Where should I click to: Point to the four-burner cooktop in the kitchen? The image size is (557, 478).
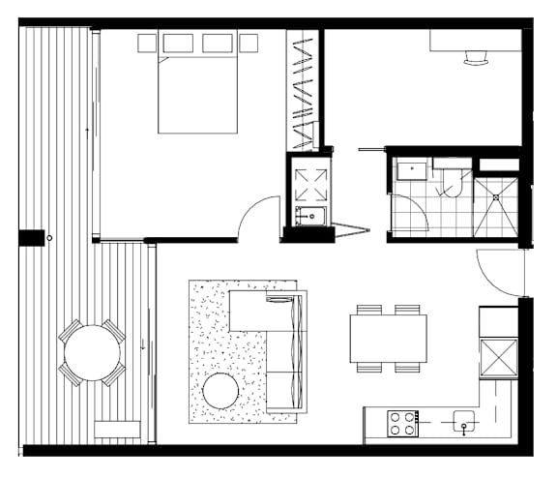pos(402,422)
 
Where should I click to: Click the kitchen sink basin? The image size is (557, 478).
pos(464,420)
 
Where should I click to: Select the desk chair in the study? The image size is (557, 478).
pos(477,57)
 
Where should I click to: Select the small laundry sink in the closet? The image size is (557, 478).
pos(310,215)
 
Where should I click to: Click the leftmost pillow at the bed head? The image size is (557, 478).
pos(147,43)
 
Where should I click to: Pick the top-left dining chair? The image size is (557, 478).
pos(369,310)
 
